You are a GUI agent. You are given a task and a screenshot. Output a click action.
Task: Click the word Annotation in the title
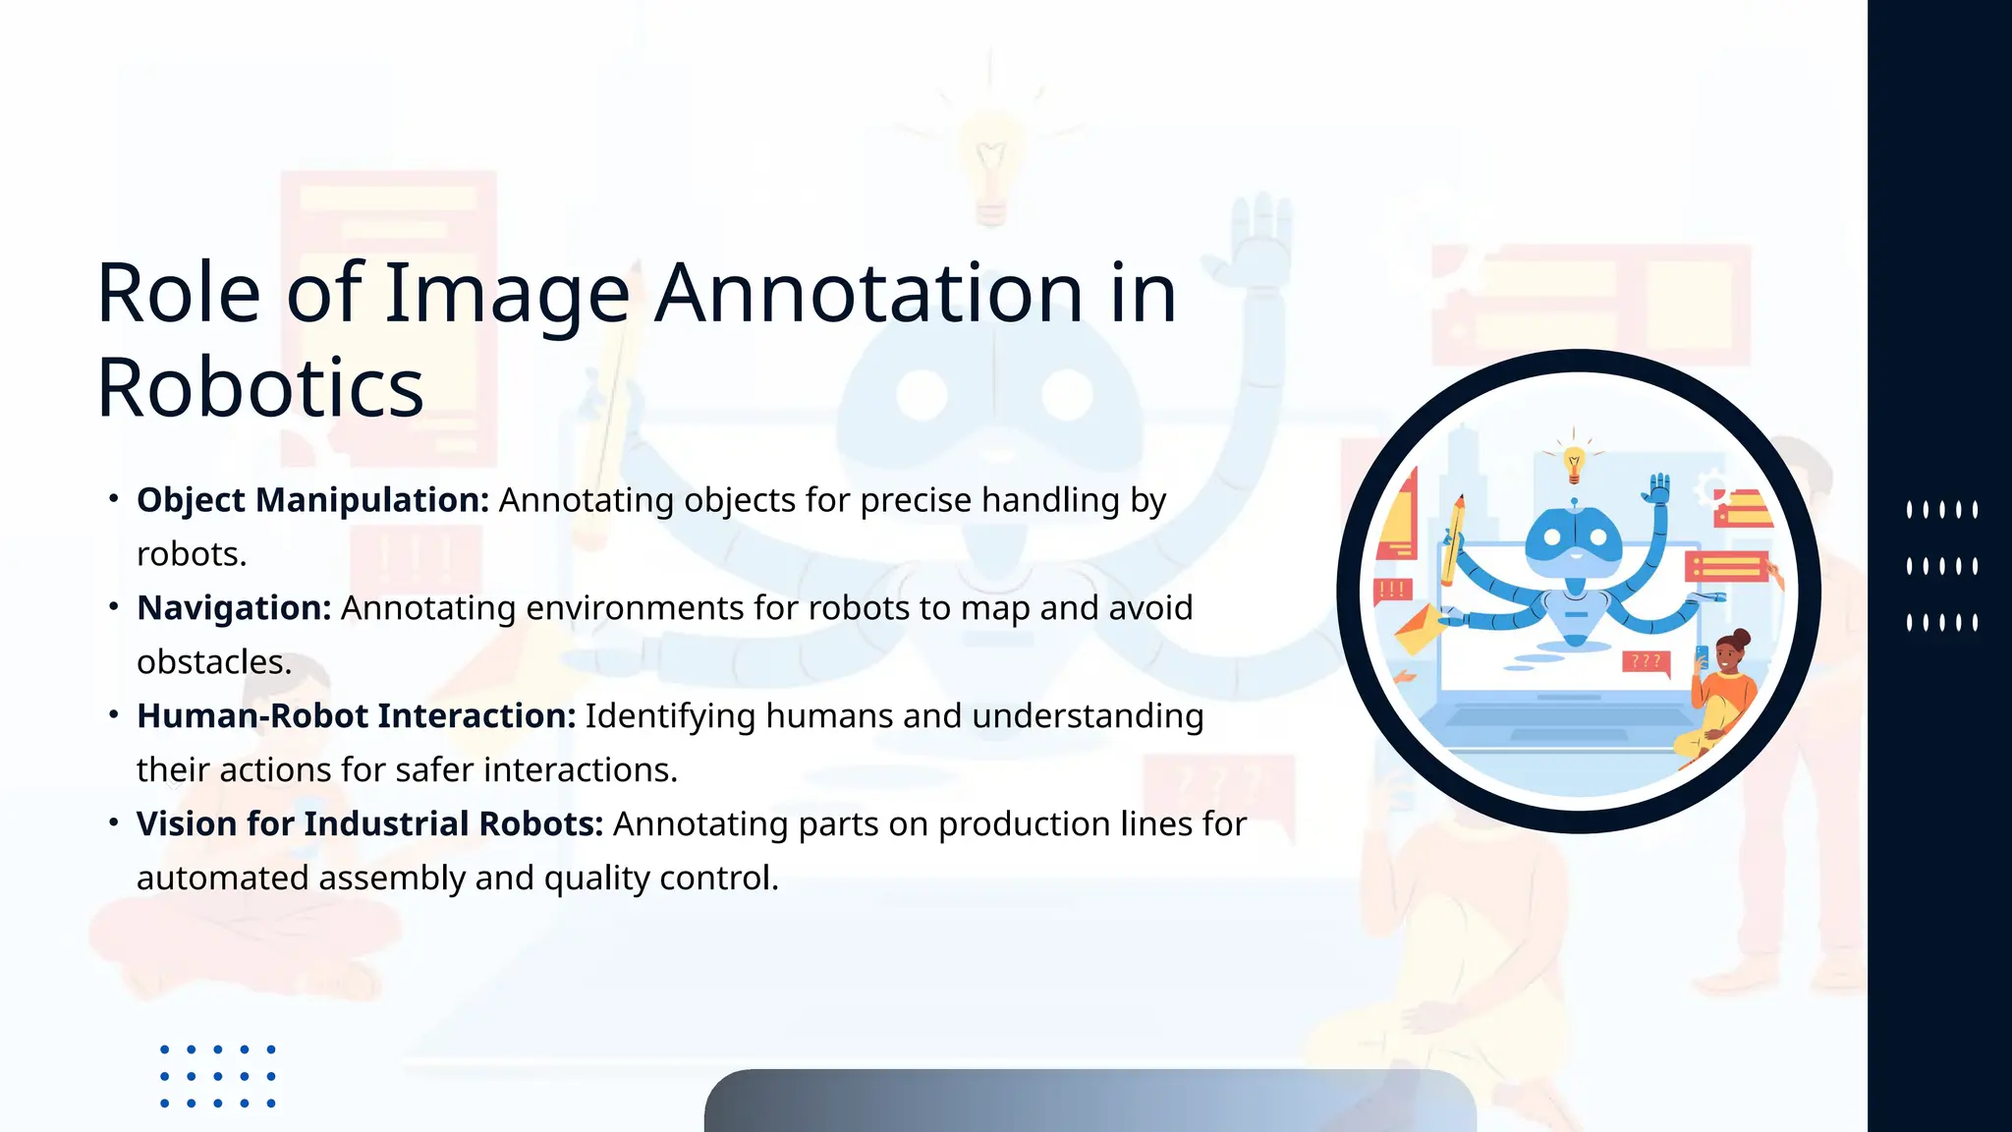tap(868, 293)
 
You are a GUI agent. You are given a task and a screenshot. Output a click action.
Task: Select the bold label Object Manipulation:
tap(312, 500)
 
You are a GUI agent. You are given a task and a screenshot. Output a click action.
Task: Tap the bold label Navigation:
tap(234, 608)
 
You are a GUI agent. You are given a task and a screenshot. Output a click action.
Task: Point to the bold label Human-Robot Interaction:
tap(356, 716)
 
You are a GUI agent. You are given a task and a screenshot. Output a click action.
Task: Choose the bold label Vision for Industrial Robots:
tap(369, 824)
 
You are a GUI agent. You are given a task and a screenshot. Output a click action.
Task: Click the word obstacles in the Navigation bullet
tap(212, 662)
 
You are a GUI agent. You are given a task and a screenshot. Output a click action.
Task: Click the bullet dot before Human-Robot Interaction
tap(114, 714)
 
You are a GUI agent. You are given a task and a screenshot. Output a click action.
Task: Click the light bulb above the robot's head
tap(1574, 463)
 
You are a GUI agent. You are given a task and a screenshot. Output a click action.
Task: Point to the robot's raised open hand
tap(1659, 487)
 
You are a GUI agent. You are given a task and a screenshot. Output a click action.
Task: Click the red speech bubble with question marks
tap(1646, 662)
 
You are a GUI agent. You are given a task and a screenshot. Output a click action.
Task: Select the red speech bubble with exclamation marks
tap(1393, 591)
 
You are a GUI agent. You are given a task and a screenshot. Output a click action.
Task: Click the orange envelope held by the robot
tap(1417, 628)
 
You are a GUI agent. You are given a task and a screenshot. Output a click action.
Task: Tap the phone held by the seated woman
tap(1702, 656)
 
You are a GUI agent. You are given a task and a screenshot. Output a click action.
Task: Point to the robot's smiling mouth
tap(1576, 555)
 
